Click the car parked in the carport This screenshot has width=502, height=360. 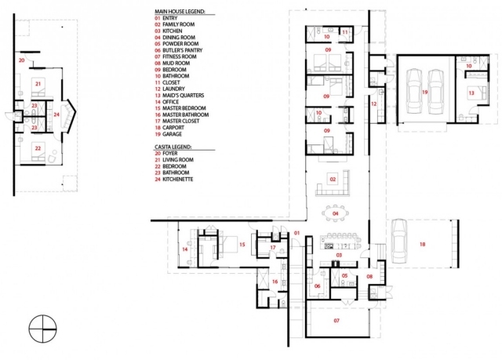398,241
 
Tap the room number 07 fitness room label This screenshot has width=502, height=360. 336,320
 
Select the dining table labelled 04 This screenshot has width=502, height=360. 335,213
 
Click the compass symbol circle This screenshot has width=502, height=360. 42,329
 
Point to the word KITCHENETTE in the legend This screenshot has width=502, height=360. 178,179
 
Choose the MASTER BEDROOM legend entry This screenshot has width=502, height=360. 184,108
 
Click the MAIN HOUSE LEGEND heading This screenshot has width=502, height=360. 180,12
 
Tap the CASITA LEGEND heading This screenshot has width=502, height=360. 173,147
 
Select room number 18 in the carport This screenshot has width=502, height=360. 422,244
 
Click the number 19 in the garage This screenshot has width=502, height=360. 425,93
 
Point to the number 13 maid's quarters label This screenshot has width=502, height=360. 471,93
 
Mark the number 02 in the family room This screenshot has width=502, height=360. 333,179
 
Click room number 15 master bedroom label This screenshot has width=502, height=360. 242,245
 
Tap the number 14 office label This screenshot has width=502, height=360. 185,249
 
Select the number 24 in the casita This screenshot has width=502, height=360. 56,115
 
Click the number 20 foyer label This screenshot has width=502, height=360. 21,60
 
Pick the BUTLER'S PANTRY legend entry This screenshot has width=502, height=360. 183,50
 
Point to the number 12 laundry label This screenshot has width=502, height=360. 373,104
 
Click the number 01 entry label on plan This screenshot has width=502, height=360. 296,233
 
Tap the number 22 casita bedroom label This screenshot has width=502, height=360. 38,148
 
